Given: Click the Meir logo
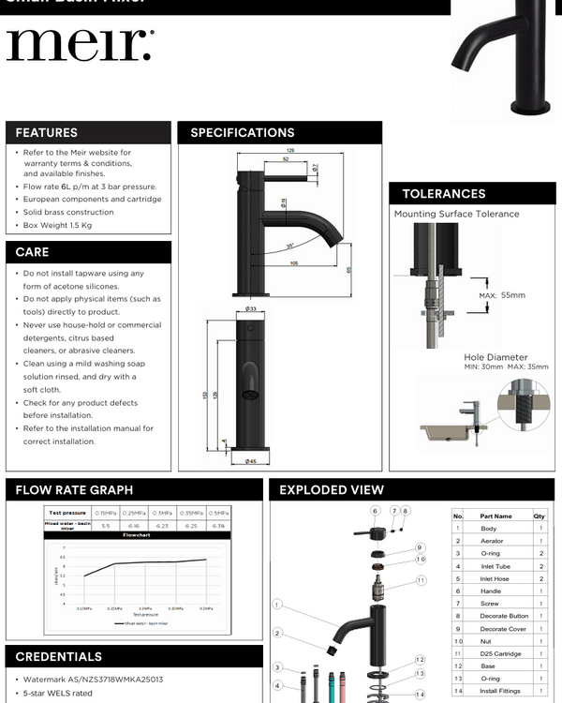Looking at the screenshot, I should click(x=80, y=45).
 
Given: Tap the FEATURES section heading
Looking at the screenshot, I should click(x=46, y=133).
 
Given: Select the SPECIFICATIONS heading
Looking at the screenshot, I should click(x=243, y=133).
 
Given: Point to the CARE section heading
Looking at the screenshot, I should click(x=32, y=252).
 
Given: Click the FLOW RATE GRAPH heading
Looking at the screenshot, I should click(x=74, y=490).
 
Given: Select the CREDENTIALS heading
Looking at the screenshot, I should click(x=59, y=657).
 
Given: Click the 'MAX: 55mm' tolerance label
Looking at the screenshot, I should click(x=502, y=295).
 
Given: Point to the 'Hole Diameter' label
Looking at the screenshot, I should click(x=495, y=357).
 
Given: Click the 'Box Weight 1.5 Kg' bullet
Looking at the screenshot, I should click(x=58, y=226).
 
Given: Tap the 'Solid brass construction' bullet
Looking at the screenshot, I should click(x=68, y=213).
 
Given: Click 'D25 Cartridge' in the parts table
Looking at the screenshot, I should click(x=495, y=653).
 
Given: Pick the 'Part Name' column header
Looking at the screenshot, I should click(x=495, y=516).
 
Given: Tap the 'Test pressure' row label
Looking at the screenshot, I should click(x=67, y=513).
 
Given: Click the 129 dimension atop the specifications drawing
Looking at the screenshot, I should click(x=289, y=150).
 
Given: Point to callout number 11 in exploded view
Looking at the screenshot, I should click(x=421, y=580).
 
